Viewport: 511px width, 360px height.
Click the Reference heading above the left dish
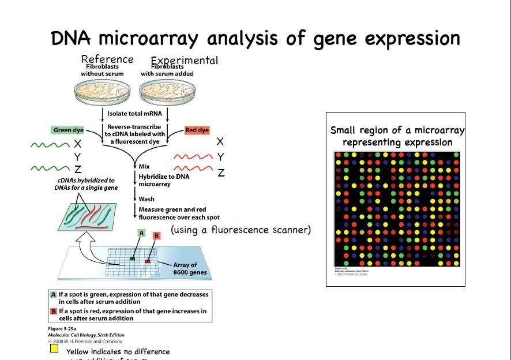pyautogui.click(x=107, y=59)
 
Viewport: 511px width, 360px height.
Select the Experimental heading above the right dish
pyautogui.click(x=185, y=60)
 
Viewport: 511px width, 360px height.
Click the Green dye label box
pyautogui.click(x=69, y=130)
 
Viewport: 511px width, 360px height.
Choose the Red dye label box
pyautogui.click(x=197, y=130)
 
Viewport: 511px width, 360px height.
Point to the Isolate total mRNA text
pyautogui.click(x=134, y=114)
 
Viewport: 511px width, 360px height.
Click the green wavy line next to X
pyautogui.click(x=50, y=144)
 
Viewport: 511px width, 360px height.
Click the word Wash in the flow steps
pyautogui.click(x=146, y=198)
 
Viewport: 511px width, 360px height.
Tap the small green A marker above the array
pyautogui.click(x=140, y=232)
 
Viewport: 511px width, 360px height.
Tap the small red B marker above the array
pyautogui.click(x=156, y=236)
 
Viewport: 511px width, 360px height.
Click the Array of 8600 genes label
pyautogui.click(x=190, y=269)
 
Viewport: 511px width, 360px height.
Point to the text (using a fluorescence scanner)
pyautogui.click(x=241, y=230)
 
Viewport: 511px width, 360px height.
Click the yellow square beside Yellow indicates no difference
pyautogui.click(x=54, y=348)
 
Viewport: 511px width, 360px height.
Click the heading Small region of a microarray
pyautogui.click(x=397, y=130)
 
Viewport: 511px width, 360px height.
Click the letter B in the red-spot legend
pyautogui.click(x=54, y=311)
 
